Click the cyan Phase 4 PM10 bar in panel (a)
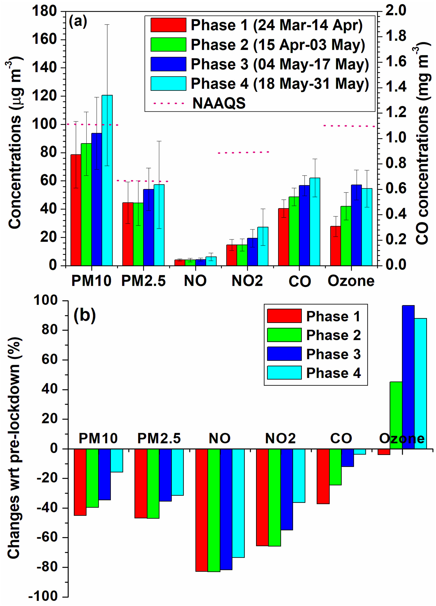[x=107, y=180]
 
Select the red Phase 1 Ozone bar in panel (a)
[x=336, y=246]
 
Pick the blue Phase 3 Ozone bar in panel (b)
[x=408, y=377]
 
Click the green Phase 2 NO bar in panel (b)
[x=214, y=510]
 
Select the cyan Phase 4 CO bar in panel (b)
[x=360, y=452]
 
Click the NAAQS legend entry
[x=219, y=103]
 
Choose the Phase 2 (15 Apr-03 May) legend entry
[x=277, y=45]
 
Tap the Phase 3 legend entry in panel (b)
[x=333, y=354]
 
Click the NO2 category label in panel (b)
[x=280, y=438]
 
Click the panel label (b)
[x=85, y=315]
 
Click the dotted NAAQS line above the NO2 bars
[x=244, y=152]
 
